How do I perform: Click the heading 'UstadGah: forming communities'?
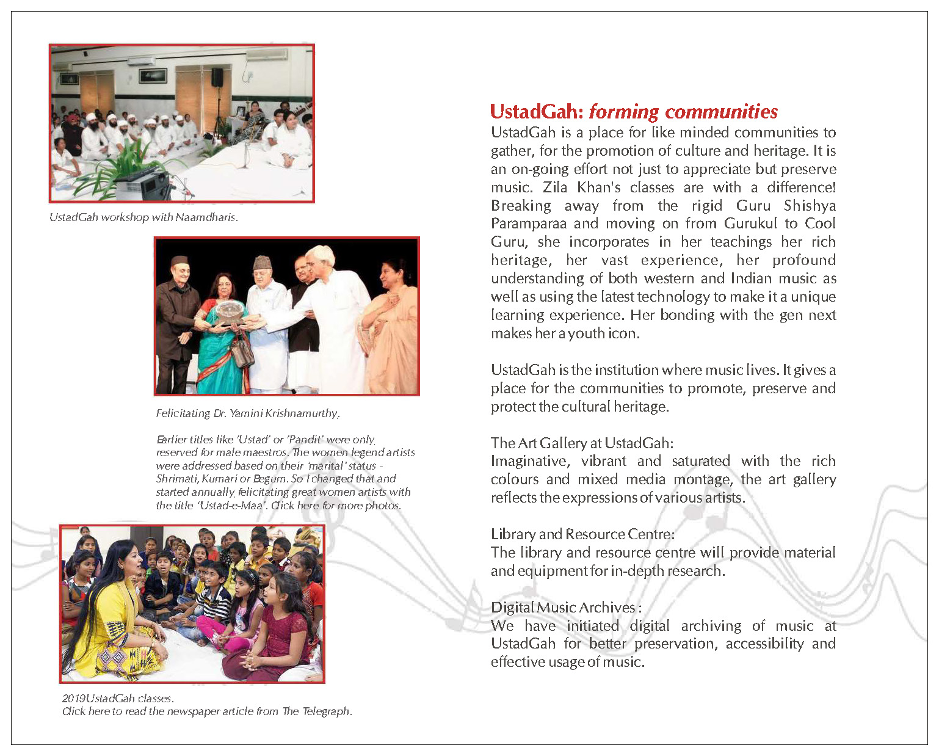(x=634, y=112)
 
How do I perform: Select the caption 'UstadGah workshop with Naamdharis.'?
(x=143, y=217)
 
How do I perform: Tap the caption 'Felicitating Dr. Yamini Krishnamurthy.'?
(x=247, y=413)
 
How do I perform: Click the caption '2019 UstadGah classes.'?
(x=118, y=698)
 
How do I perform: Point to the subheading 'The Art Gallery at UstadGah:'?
(x=582, y=443)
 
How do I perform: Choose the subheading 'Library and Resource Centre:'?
(x=582, y=534)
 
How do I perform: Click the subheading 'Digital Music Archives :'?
(x=566, y=608)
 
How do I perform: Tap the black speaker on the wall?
(x=217, y=77)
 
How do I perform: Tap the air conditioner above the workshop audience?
(x=266, y=55)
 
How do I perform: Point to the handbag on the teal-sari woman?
(x=242, y=353)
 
